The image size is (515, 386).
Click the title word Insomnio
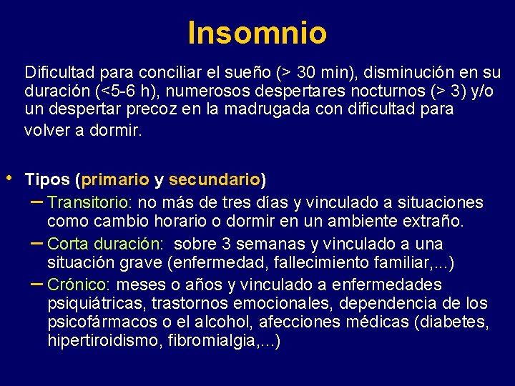tap(257, 32)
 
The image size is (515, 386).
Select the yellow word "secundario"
tap(215, 179)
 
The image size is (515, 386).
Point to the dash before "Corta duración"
tap(37, 242)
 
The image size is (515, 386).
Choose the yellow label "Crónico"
tap(78, 284)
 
